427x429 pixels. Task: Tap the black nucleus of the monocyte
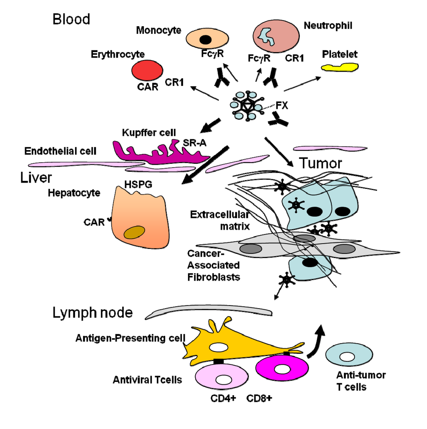[x=205, y=40]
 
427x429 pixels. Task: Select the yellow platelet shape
[x=340, y=67]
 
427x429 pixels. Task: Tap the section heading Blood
[x=71, y=19]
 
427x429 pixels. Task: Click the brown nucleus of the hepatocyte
[x=134, y=233]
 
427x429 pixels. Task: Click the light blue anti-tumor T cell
[x=346, y=357]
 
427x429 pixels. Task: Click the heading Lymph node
[x=93, y=313]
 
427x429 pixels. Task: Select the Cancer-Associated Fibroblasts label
[x=213, y=265]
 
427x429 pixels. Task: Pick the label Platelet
[x=340, y=54]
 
